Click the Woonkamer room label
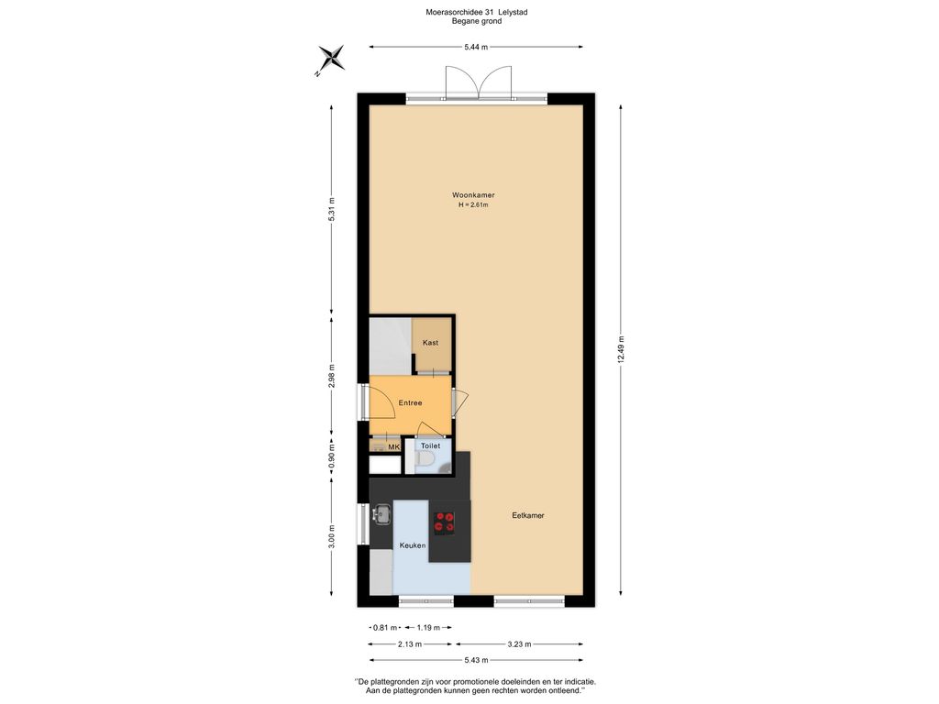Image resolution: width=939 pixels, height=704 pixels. [473, 195]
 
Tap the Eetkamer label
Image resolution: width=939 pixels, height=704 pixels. [528, 515]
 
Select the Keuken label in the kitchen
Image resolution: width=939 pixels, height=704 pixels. [413, 545]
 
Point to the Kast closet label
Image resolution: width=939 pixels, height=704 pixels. [430, 343]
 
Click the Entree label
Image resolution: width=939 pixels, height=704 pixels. [410, 403]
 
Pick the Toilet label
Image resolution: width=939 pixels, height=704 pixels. [430, 446]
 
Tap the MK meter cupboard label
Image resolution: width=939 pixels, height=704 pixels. [393, 447]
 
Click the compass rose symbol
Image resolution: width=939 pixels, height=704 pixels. [330, 60]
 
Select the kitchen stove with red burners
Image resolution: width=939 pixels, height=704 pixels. [445, 522]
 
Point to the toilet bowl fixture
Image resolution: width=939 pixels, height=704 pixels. [425, 460]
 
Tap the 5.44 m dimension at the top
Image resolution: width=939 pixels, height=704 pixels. [476, 47]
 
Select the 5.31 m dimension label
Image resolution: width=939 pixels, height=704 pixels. [332, 210]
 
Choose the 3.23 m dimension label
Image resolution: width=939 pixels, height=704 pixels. [519, 644]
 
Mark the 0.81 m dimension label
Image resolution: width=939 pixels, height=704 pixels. [385, 628]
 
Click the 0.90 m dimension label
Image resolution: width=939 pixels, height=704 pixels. [332, 456]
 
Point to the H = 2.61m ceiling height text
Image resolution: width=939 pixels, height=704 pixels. [473, 204]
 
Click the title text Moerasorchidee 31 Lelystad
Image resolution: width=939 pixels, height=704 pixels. [477, 12]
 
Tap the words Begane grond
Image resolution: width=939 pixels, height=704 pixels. [477, 21]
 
